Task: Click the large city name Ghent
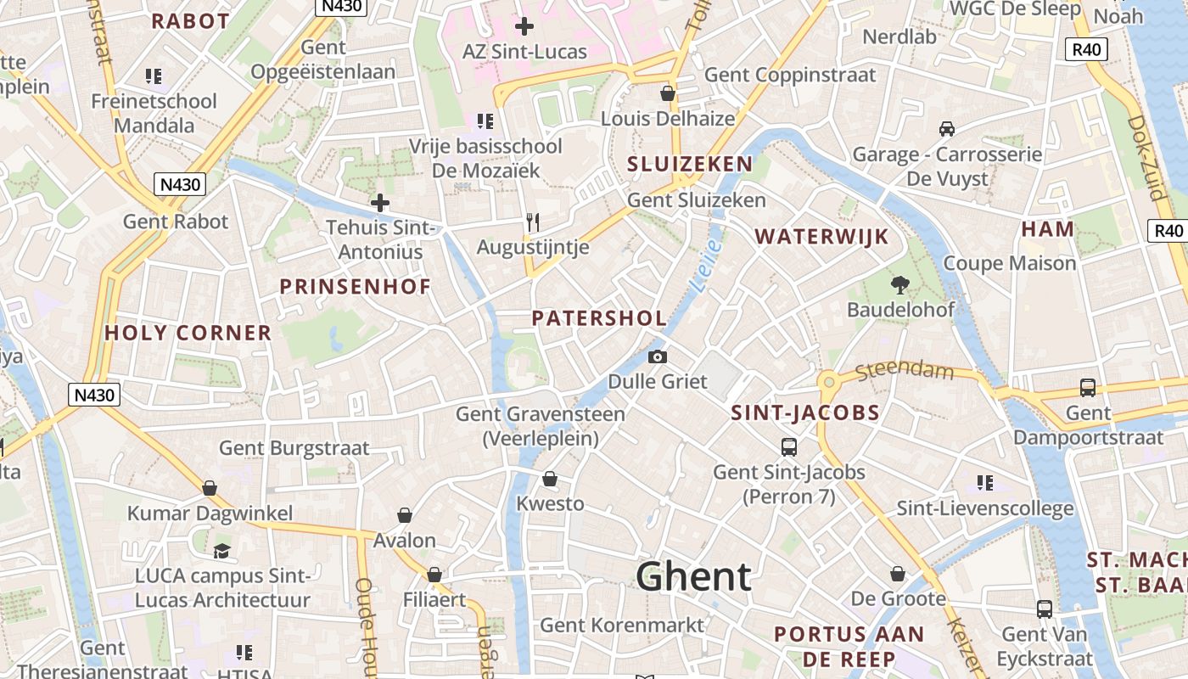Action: pyautogui.click(x=693, y=577)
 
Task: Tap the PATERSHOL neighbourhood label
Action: pyautogui.click(x=599, y=318)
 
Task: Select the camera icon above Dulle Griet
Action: pyautogui.click(x=657, y=357)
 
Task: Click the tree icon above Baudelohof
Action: pyautogui.click(x=899, y=284)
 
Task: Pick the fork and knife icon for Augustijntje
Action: pyautogui.click(x=533, y=222)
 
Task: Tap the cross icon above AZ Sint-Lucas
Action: pyautogui.click(x=524, y=26)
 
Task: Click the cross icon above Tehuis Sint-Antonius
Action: pyautogui.click(x=380, y=203)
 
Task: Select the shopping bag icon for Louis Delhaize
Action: pyautogui.click(x=668, y=93)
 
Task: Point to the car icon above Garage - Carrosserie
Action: pyautogui.click(x=947, y=129)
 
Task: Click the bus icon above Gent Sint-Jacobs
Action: pyautogui.click(x=789, y=446)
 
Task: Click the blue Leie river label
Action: pyautogui.click(x=706, y=266)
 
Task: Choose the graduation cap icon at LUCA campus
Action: pyautogui.click(x=222, y=551)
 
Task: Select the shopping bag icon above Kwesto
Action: pyautogui.click(x=550, y=479)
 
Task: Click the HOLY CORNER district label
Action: pyautogui.click(x=188, y=333)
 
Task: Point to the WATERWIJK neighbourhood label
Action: pyautogui.click(x=821, y=237)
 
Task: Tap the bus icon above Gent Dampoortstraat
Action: pyautogui.click(x=1088, y=388)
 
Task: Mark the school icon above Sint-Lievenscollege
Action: pyautogui.click(x=984, y=483)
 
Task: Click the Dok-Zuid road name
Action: pyautogui.click(x=1146, y=157)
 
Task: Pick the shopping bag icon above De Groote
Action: pyautogui.click(x=898, y=575)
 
